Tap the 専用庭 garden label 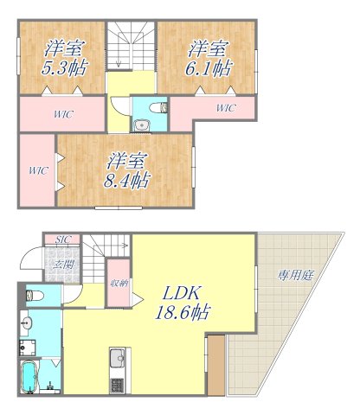point(294,276)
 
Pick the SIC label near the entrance point(64,239)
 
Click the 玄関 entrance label point(62,263)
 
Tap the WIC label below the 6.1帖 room point(225,108)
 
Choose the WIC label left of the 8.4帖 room point(36,170)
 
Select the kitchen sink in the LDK point(119,357)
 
